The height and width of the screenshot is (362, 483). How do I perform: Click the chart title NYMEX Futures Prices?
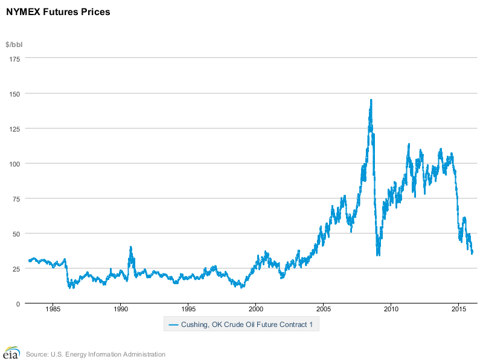click(58, 11)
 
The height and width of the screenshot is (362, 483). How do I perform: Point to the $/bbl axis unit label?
click(14, 45)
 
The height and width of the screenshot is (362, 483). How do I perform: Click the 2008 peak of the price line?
click(371, 100)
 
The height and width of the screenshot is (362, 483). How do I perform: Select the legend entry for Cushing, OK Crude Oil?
click(241, 325)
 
